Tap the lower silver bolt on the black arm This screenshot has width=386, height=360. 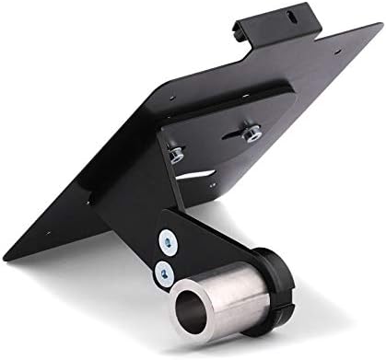click(162, 270)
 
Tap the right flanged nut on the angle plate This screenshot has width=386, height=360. click(248, 134)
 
